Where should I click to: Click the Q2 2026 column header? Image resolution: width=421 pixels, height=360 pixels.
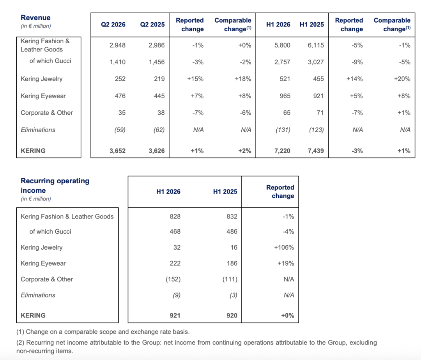point(113,25)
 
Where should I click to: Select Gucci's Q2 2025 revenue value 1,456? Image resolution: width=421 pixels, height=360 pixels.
point(157,62)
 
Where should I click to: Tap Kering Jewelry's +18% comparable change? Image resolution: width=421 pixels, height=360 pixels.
point(243,79)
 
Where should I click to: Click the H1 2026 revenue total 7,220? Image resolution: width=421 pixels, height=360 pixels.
point(282,151)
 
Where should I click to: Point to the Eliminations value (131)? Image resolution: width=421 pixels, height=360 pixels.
point(283,130)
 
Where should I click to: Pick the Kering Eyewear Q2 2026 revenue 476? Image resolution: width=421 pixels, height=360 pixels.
point(120,96)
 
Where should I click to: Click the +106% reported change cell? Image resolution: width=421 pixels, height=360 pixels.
point(284,247)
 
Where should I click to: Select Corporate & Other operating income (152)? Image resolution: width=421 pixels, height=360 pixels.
point(173,279)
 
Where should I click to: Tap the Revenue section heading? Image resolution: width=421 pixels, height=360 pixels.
point(36,18)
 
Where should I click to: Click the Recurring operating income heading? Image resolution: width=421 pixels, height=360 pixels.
point(55,186)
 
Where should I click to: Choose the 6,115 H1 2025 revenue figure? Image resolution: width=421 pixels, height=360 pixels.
point(316,45)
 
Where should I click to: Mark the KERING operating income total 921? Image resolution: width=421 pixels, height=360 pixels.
point(175,316)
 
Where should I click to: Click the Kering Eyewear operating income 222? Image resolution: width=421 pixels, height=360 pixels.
point(175,263)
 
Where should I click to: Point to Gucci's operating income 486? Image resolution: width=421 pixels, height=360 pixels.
point(232,232)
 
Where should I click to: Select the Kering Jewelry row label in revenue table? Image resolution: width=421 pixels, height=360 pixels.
point(42,79)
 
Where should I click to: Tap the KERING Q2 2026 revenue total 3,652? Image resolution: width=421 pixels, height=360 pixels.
point(117,151)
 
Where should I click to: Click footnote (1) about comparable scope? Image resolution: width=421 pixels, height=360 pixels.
point(103,332)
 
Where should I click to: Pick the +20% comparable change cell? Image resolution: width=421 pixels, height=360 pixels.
point(402,79)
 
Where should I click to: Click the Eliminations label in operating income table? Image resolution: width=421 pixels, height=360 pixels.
point(38,295)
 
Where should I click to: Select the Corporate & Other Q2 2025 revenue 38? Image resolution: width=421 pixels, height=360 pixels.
point(161,113)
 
